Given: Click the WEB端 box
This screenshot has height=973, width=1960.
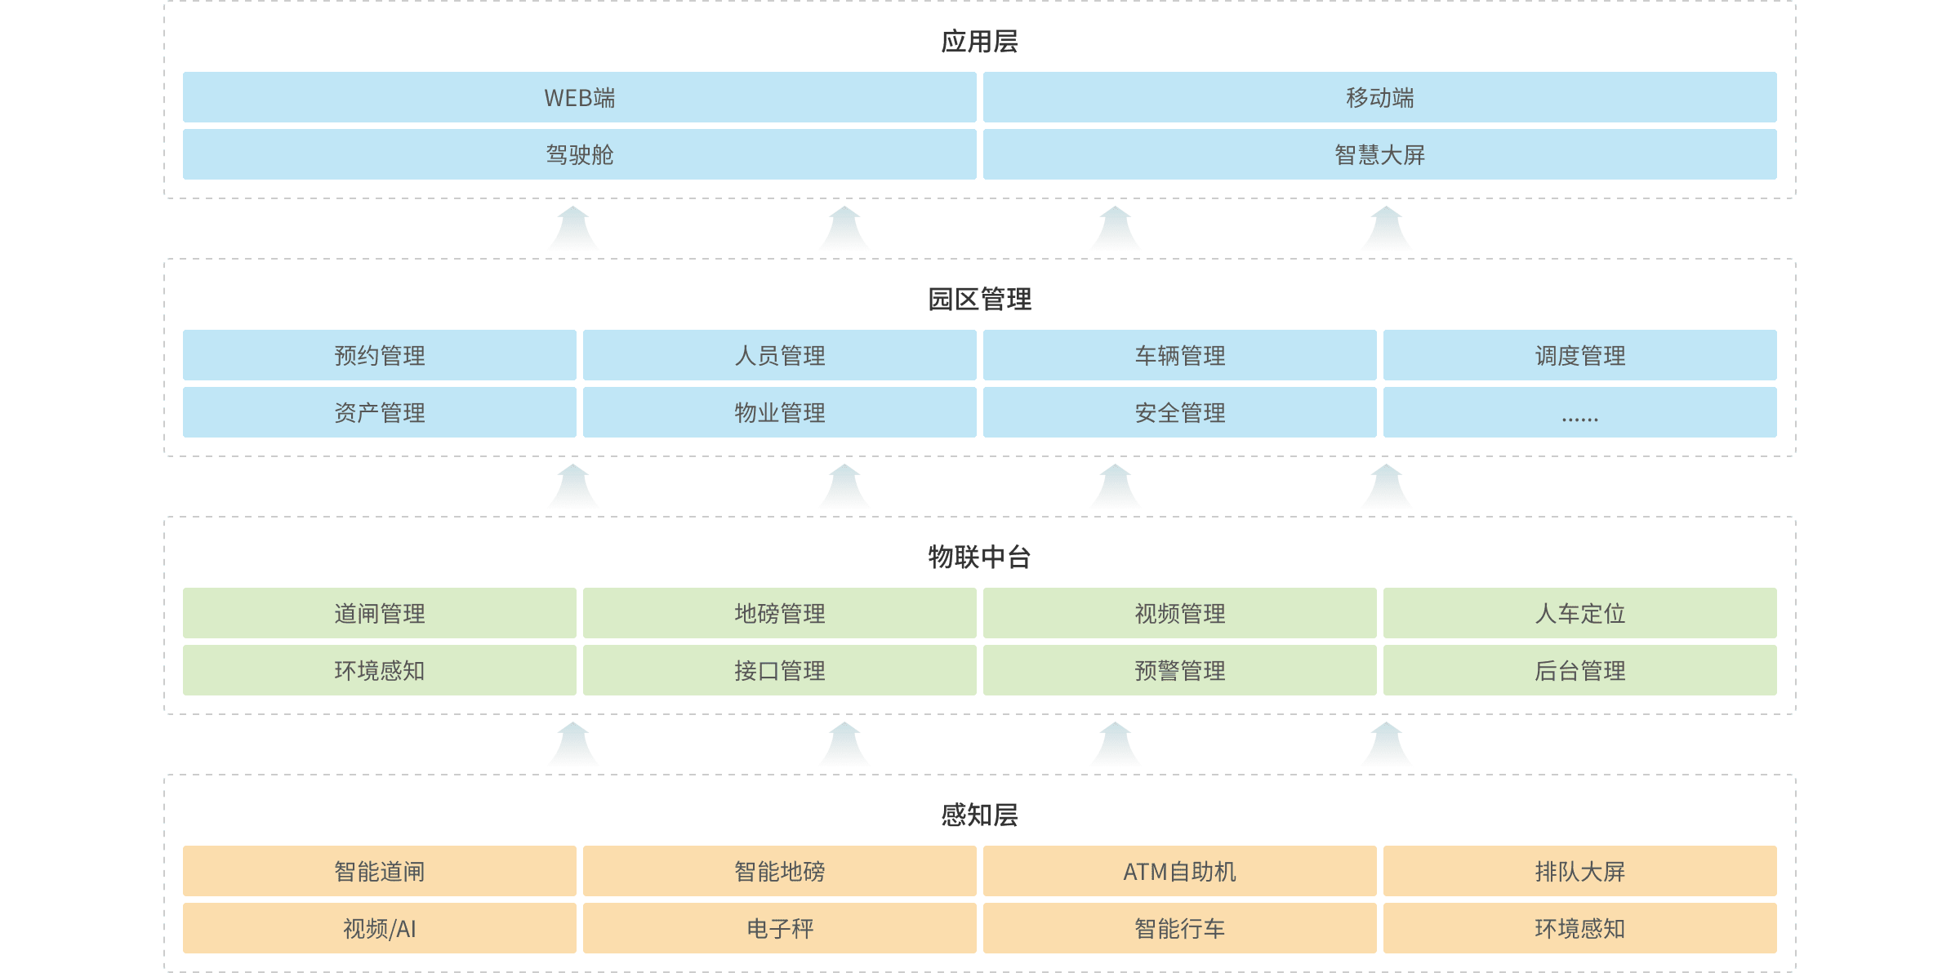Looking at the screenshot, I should click(579, 97).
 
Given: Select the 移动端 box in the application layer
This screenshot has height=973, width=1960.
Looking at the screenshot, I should click(1379, 97).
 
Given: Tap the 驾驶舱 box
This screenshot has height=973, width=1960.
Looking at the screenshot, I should click(579, 154).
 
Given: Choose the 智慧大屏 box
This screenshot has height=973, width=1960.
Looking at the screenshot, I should click(1379, 154).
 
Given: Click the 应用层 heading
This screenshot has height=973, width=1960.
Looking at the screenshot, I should click(979, 42).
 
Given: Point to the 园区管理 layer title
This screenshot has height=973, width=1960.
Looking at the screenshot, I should click(979, 300).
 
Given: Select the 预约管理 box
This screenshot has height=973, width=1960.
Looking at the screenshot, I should click(379, 355).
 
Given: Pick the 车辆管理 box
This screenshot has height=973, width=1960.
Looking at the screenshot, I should click(1179, 355).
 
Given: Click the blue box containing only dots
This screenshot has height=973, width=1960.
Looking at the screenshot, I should click(1579, 412).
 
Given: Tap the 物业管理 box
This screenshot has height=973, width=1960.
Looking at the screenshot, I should click(779, 412).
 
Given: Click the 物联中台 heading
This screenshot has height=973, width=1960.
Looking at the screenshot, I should click(979, 558).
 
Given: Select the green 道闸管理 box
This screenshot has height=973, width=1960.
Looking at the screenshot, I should click(379, 613).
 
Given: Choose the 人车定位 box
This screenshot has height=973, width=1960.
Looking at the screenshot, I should click(1579, 613).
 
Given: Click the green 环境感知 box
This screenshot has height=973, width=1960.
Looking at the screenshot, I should click(379, 670).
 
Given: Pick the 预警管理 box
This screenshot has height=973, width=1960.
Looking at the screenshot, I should click(1179, 670).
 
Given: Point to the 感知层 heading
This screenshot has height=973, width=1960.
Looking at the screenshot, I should click(979, 815).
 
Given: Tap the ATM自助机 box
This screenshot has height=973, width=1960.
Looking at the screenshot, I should click(1179, 871).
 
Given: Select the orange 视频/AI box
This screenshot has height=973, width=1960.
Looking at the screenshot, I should click(379, 928).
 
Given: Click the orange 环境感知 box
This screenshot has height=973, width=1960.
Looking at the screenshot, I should click(1579, 928).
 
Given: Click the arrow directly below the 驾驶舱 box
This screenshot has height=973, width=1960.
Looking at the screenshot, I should click(573, 229).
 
